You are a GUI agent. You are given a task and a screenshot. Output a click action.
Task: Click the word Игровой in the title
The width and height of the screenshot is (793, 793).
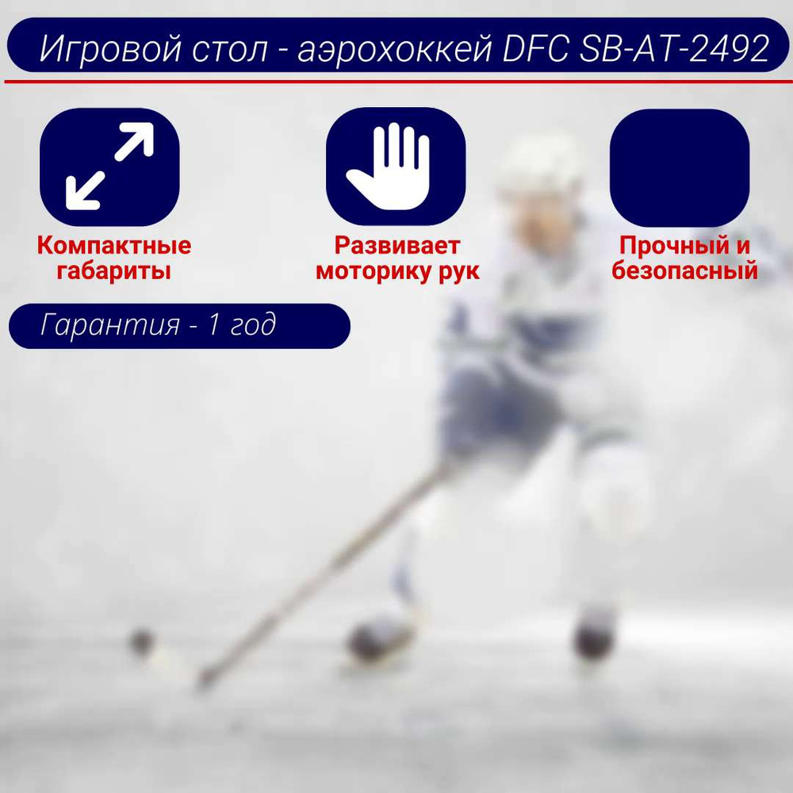[111, 48]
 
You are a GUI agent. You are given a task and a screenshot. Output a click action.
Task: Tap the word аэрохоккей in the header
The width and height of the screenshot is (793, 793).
[394, 48]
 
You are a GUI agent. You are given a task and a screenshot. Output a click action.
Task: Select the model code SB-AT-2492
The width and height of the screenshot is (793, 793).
[674, 48]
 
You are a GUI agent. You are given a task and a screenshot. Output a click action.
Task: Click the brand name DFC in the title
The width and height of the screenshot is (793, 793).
[535, 48]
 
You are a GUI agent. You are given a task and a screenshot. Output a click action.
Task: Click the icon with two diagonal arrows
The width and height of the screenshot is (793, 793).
[109, 167]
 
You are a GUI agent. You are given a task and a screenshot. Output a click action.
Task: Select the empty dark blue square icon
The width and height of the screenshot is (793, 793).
[680, 168]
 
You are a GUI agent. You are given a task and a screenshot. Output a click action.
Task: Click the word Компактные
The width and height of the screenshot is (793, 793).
[113, 245]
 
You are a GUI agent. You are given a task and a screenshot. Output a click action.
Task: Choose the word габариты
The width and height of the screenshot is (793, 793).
[113, 270]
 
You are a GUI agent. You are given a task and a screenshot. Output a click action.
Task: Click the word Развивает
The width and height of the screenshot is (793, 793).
[397, 245]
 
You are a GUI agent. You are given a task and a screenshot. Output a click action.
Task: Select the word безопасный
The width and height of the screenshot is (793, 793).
[685, 270]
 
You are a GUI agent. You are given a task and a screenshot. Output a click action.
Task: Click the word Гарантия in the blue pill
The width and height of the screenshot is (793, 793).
[109, 324]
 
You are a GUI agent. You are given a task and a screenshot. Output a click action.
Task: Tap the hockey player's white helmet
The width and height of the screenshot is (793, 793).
[539, 164]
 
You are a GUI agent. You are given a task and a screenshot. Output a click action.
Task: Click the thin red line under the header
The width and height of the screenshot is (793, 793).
[399, 81]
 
